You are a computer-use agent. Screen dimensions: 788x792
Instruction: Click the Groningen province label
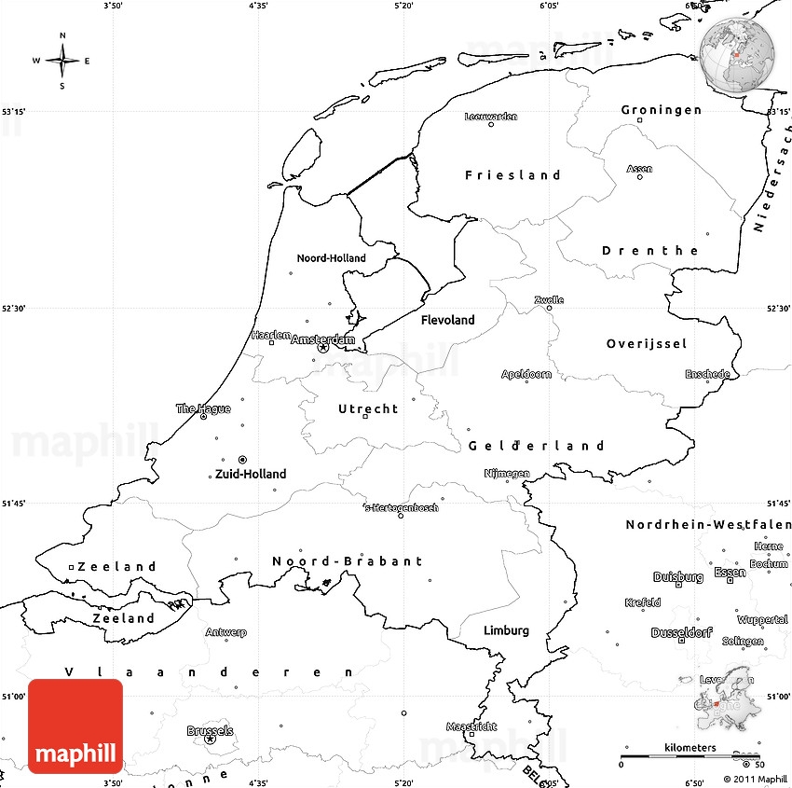click(x=662, y=110)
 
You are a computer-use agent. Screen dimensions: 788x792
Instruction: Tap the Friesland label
click(x=513, y=175)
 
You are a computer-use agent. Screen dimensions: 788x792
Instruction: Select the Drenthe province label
click(x=650, y=251)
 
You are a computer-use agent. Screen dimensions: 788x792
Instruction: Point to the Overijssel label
click(x=647, y=344)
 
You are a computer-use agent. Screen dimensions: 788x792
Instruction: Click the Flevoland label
click(x=448, y=320)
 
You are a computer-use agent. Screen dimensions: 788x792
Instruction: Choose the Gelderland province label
click(x=537, y=446)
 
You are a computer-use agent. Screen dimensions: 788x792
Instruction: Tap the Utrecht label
click(x=368, y=408)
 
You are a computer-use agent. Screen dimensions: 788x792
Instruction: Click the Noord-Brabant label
click(x=348, y=561)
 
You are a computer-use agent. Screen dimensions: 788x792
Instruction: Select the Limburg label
click(x=506, y=630)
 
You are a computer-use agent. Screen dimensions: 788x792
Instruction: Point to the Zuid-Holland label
click(x=251, y=474)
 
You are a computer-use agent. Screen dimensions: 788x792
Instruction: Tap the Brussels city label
click(x=210, y=731)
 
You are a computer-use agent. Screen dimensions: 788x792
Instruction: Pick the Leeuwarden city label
click(x=491, y=117)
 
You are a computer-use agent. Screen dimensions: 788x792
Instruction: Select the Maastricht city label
click(x=471, y=726)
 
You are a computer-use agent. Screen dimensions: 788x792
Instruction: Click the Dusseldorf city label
click(x=681, y=632)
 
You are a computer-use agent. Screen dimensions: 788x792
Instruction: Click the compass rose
click(x=62, y=62)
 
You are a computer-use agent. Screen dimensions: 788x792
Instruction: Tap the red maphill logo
click(x=75, y=726)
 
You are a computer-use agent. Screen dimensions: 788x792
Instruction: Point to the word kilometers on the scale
click(x=690, y=748)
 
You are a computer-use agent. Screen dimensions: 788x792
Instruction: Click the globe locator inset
click(x=738, y=56)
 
